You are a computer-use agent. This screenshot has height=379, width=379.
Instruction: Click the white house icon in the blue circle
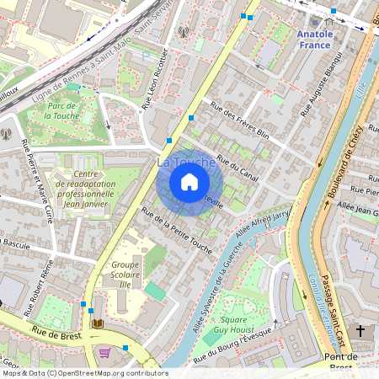point(189,181)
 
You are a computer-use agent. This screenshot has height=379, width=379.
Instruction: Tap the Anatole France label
point(315,40)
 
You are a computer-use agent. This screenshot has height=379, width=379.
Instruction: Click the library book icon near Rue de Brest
point(99,323)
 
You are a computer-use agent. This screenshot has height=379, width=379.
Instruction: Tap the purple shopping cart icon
point(104,354)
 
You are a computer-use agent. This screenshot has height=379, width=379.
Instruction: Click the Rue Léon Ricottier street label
point(156,81)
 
